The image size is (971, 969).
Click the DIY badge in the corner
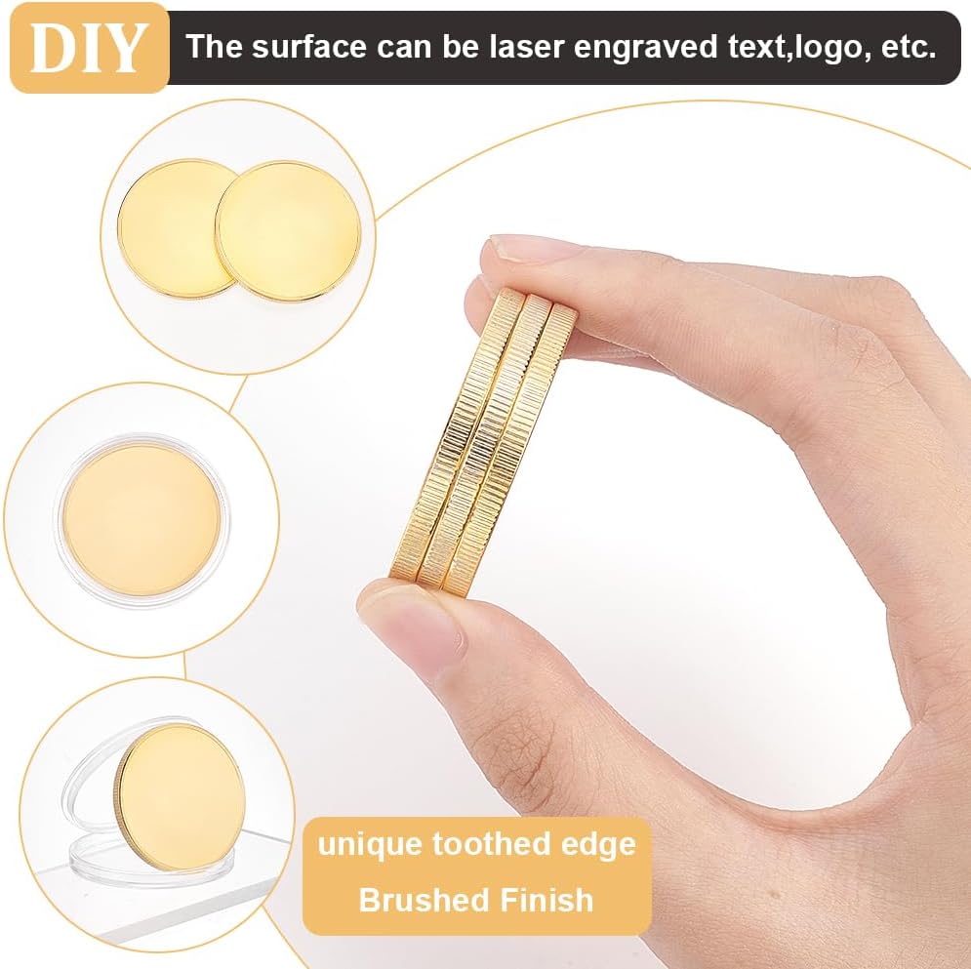[x=89, y=48]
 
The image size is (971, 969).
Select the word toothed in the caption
[x=491, y=843]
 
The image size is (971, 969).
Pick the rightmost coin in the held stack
[x=511, y=452]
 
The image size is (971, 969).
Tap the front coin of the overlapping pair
[x=289, y=231]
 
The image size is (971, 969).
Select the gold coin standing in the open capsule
[x=180, y=799]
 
